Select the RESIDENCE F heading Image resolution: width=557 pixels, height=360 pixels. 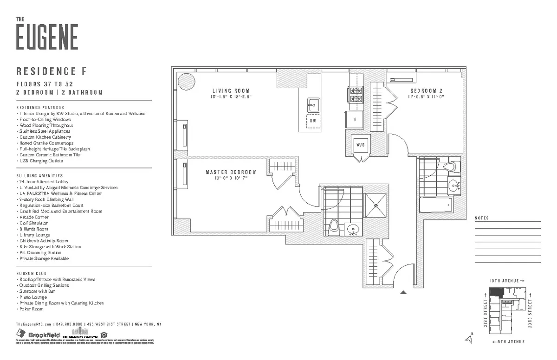[52, 72]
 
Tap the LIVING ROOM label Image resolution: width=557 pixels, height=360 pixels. [231, 91]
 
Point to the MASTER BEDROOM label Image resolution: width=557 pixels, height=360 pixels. [231, 173]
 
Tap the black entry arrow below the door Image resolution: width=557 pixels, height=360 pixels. [403, 292]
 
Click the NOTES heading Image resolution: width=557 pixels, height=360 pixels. [482, 219]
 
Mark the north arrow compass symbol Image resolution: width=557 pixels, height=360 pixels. [470, 339]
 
